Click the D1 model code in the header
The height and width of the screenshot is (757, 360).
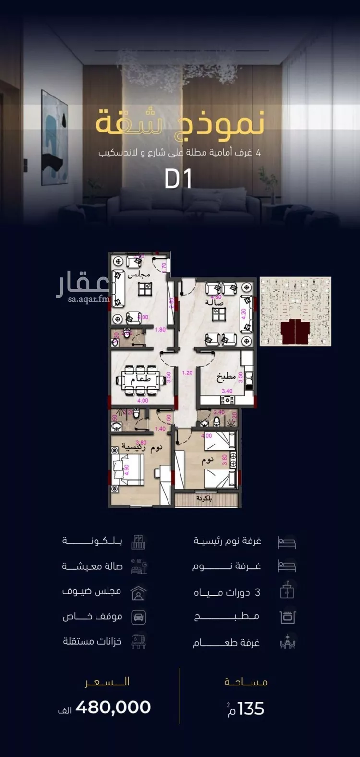pos(178,179)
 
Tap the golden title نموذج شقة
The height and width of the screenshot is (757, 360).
pos(180,124)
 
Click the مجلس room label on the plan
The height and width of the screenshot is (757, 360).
pos(139,274)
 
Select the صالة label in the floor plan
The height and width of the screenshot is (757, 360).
pos(214,302)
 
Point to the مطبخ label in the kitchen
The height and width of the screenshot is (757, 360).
pos(226,377)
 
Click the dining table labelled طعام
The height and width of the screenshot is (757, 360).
pos(141,380)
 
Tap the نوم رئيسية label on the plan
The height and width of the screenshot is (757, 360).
pos(143,448)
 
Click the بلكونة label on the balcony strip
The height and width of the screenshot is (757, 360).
pos(204,499)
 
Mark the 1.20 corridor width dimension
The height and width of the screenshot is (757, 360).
pos(187,373)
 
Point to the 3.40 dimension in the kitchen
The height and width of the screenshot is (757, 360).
pos(227,391)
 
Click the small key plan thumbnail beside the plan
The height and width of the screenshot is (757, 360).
pos(295,311)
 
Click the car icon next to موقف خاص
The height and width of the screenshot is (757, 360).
pos(138,617)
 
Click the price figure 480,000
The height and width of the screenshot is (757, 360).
pos(113,707)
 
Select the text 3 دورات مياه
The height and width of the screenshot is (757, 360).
pos(227,592)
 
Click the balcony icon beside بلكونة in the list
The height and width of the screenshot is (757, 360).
pos(138,542)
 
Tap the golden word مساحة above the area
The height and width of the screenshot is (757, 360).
pos(246,682)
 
